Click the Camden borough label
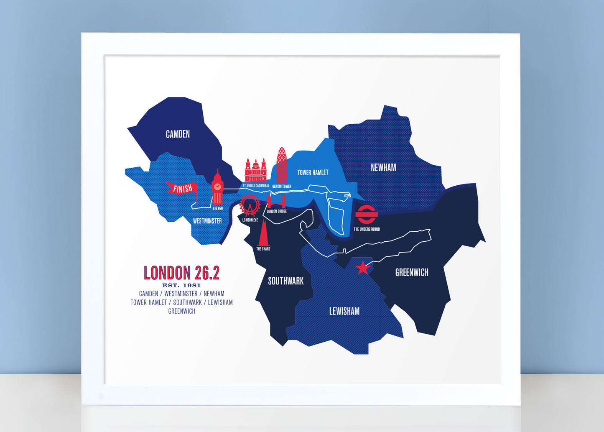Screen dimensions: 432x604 coord(178,134)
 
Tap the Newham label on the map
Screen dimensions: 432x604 coord(383,168)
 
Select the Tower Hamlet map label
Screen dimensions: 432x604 coord(313,172)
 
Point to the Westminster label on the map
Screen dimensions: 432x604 coord(207,221)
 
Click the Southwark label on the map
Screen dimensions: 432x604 coord(286,281)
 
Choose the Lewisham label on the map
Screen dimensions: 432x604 coord(344,311)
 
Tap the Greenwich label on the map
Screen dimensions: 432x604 coord(412,273)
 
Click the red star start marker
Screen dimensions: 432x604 coord(363,267)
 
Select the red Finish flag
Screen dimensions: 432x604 coord(182,189)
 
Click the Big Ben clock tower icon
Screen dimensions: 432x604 coord(217,188)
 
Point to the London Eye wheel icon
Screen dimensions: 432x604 coord(250,205)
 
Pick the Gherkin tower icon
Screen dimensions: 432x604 coord(282,165)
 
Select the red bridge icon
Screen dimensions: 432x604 coord(277,201)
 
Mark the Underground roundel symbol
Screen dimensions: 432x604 coord(367,215)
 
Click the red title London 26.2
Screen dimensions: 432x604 coord(181,273)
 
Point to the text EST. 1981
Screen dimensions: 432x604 coord(181,285)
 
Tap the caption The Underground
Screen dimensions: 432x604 coord(367,229)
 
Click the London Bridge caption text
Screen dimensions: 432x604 coord(277,211)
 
